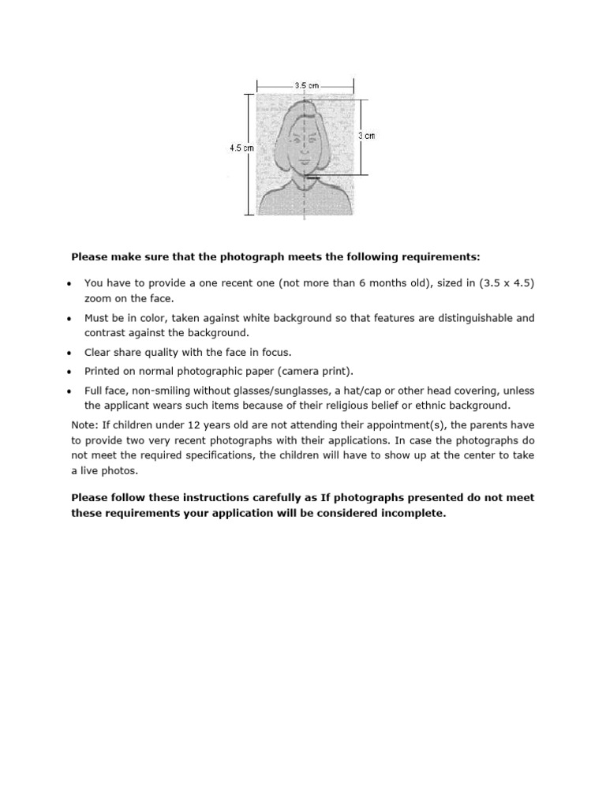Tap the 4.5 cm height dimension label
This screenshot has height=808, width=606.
point(241,148)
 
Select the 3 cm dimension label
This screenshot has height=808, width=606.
point(367,136)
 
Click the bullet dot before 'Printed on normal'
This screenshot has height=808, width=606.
point(69,372)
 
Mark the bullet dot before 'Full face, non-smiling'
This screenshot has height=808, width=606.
point(69,391)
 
